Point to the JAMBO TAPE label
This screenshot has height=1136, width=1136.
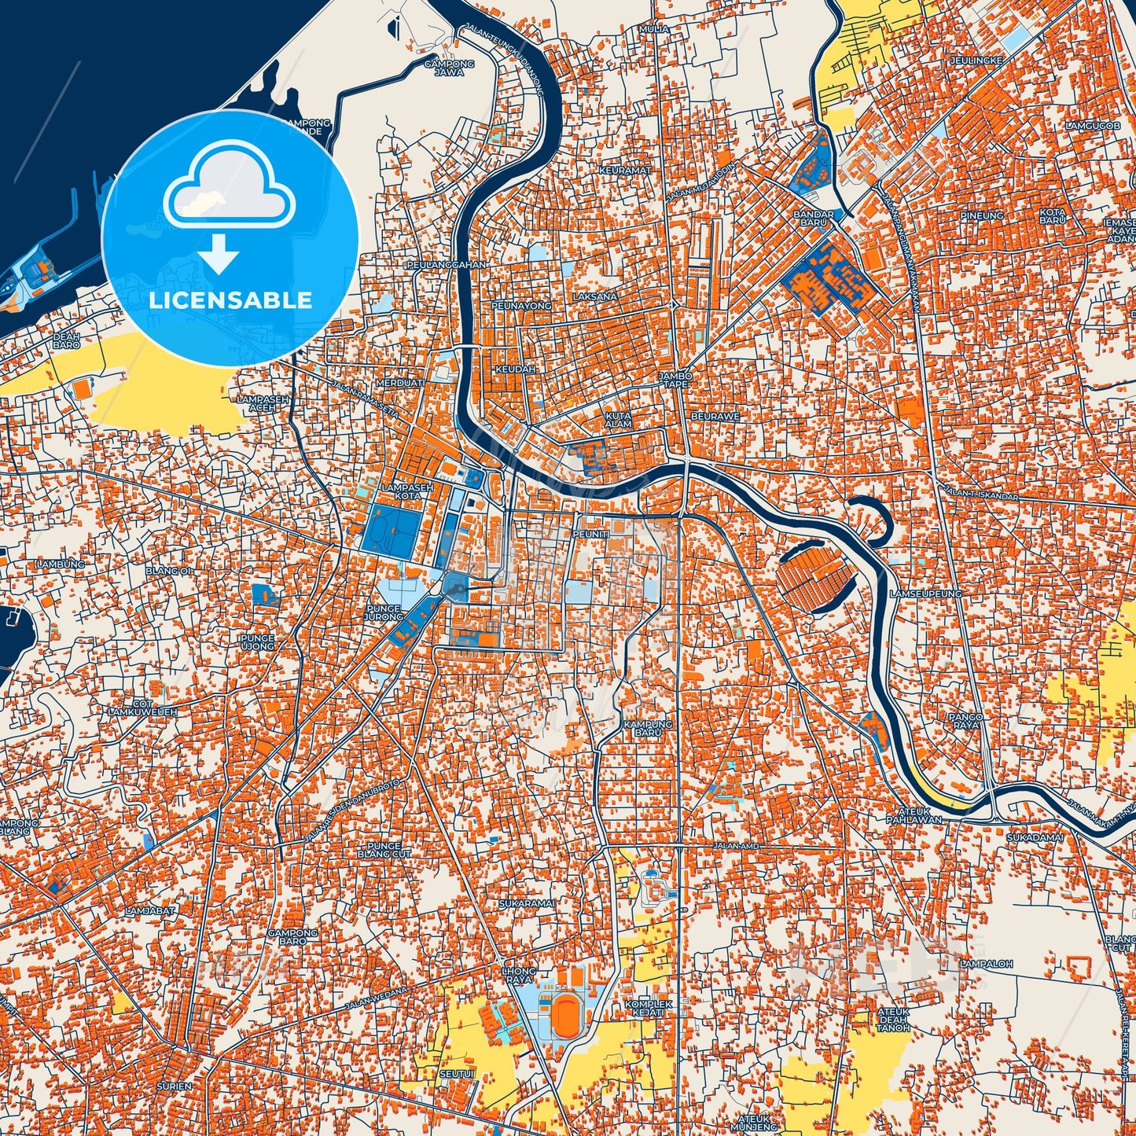click(x=676, y=381)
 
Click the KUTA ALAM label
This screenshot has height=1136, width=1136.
click(x=618, y=420)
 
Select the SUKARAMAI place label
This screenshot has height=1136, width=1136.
click(x=528, y=904)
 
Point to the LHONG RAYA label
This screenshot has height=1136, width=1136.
click(x=519, y=976)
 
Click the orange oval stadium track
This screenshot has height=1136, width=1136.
click(x=564, y=1015)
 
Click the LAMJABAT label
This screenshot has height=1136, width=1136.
click(x=151, y=910)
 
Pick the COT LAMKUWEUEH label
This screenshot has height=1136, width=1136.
click(x=142, y=708)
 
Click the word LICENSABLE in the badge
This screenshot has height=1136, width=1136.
click(x=230, y=300)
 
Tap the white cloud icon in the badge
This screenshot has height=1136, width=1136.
click(x=229, y=186)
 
